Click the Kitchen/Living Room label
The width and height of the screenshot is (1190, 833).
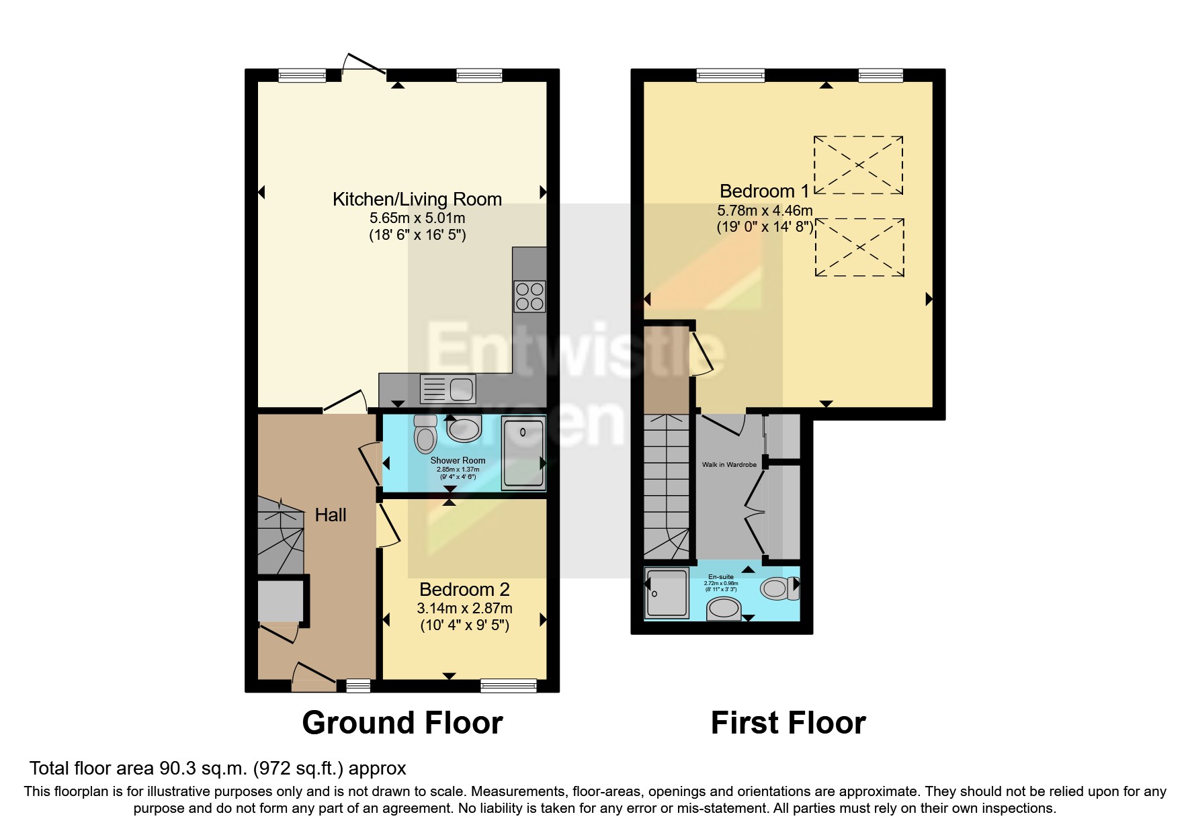[417, 199]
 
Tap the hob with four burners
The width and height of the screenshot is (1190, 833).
[529, 297]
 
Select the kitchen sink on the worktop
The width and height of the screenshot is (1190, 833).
[447, 388]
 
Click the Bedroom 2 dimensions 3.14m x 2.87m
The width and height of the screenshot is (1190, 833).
[464, 609]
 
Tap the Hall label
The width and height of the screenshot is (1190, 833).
[331, 515]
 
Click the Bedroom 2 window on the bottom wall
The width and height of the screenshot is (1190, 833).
[509, 685]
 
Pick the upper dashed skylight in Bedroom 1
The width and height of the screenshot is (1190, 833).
[858, 165]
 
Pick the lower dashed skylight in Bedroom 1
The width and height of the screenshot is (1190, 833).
[859, 247]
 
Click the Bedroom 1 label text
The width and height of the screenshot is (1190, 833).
[764, 191]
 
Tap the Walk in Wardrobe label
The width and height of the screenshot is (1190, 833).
[729, 465]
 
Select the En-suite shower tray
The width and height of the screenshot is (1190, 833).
[667, 593]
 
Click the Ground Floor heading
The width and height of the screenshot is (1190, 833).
[402, 723]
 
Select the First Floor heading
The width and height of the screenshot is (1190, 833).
[788, 723]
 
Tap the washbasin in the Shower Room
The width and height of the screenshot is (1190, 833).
[464, 428]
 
